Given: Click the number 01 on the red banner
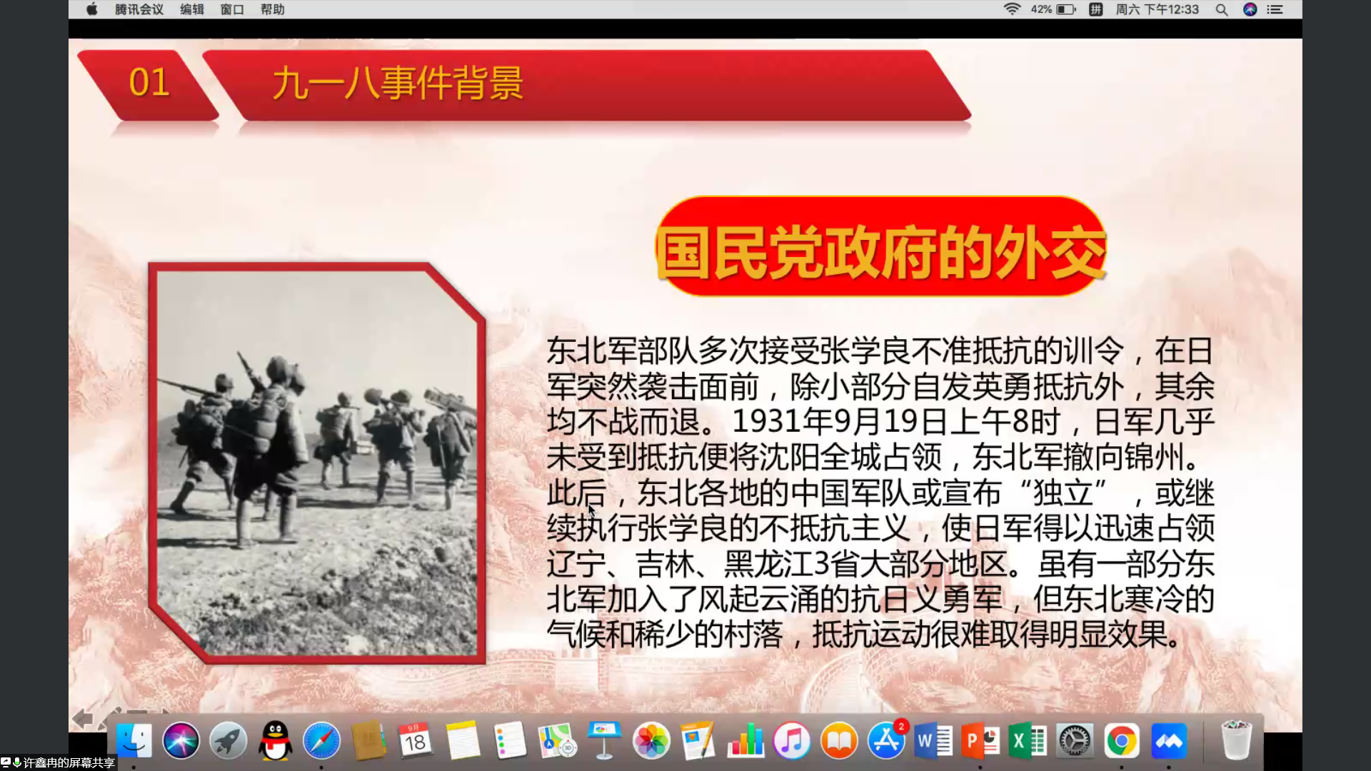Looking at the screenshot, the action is (149, 83).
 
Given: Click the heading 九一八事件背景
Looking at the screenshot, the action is (398, 84).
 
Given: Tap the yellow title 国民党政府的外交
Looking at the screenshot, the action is (881, 253).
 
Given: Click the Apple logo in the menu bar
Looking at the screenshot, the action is (91, 9).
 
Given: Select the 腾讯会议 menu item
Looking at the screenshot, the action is (139, 9).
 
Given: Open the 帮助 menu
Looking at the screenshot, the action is (272, 9).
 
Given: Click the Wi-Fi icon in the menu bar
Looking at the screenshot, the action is (1012, 9).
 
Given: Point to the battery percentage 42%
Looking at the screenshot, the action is (1041, 9).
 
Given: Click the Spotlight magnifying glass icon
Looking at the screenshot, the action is (1222, 9).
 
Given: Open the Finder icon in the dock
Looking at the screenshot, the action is (134, 741).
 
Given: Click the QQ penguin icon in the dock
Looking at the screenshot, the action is (275, 741).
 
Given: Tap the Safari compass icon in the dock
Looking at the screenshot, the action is (322, 741).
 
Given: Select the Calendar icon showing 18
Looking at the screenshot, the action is (415, 741).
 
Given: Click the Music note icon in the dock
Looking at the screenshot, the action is (792, 741).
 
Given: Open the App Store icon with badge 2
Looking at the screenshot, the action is (886, 741).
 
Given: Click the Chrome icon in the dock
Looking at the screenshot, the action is (1122, 741).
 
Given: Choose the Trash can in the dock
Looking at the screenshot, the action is (1236, 741).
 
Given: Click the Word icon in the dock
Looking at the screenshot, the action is (933, 741).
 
